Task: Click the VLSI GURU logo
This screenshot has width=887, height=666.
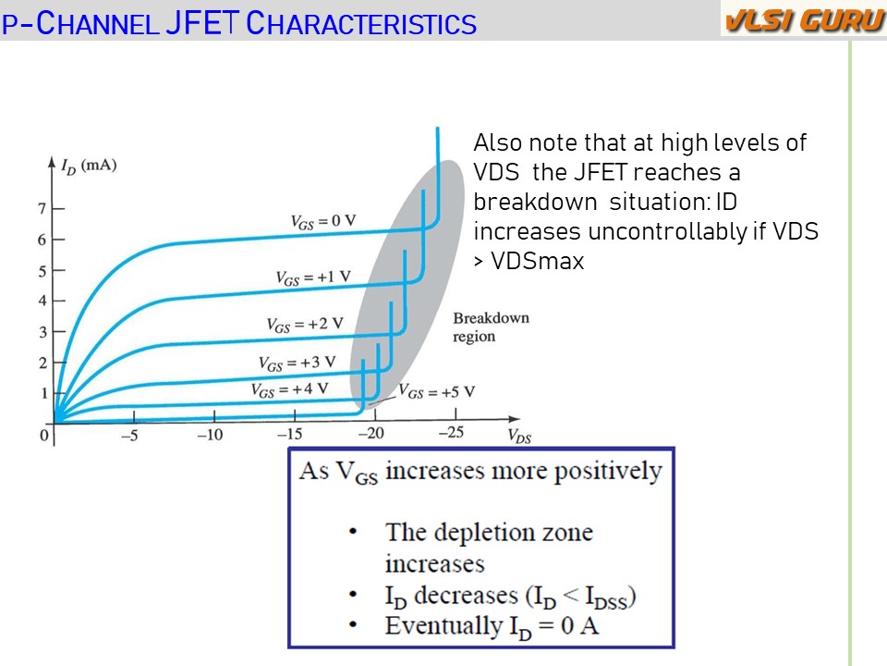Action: tap(804, 20)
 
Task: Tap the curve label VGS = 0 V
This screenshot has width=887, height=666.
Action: tap(323, 221)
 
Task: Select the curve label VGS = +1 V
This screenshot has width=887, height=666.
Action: tap(313, 277)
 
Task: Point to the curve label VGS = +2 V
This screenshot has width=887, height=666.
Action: tap(305, 325)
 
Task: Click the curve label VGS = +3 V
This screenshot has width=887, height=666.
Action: tap(297, 363)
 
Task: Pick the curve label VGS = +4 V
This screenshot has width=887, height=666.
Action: tap(289, 389)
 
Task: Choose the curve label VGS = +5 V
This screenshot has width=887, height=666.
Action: tap(437, 391)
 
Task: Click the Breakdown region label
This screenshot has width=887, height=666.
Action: tap(491, 327)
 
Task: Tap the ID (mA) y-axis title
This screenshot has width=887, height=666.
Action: tap(89, 166)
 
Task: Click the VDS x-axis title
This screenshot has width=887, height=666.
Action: tap(519, 436)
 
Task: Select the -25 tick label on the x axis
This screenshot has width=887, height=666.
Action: tap(452, 433)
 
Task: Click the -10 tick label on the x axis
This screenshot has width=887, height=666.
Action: tap(210, 435)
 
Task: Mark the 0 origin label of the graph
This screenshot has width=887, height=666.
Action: tap(43, 436)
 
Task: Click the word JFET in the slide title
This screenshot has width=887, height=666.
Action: tap(202, 23)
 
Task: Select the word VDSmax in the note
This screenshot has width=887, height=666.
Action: tap(538, 261)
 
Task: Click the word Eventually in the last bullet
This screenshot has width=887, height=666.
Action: tap(443, 626)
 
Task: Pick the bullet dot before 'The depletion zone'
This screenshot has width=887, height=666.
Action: tap(353, 531)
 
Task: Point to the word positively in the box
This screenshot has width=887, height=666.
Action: tap(608, 472)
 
